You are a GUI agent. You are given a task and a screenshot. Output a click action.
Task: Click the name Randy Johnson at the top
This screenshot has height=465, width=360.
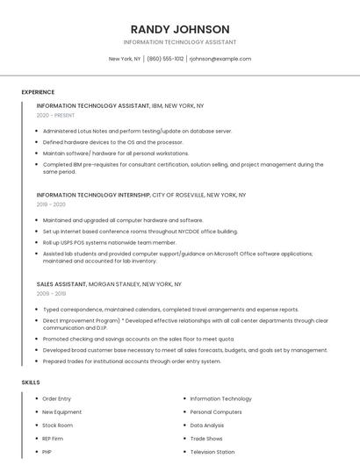[x=180, y=29]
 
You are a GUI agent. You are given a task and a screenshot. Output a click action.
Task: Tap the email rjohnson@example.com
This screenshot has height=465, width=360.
[x=220, y=59]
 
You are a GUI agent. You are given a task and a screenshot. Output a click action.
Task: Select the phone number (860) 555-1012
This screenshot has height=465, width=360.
[x=165, y=59]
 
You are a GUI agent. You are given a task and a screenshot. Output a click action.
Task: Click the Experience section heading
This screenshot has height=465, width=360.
[x=38, y=92]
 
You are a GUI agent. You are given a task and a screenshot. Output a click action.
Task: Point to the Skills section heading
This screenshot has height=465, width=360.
[x=31, y=383]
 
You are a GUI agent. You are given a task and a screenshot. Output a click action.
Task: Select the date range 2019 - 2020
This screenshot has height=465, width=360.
[x=51, y=204]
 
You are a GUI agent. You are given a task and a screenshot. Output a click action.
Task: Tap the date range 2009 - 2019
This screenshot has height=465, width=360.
[x=51, y=294]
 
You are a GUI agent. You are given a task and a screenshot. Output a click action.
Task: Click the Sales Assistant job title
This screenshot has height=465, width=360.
[x=61, y=284]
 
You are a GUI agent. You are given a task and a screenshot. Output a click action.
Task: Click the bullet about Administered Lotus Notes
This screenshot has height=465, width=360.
[x=137, y=131]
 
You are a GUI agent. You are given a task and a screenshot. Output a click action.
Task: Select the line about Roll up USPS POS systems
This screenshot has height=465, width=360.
[x=109, y=242]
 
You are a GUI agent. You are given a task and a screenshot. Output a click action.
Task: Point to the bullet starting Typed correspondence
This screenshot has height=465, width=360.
[x=170, y=310]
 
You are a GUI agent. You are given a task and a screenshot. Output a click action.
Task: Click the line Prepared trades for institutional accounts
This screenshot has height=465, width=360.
[x=132, y=361]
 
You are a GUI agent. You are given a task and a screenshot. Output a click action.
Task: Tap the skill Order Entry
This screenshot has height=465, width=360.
[x=57, y=398]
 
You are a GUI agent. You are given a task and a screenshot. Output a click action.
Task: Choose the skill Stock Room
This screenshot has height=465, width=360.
[x=57, y=425]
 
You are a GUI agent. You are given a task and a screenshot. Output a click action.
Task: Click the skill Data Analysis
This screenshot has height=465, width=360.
[x=207, y=425]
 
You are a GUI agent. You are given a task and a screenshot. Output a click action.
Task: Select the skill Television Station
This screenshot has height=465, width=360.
[x=212, y=452]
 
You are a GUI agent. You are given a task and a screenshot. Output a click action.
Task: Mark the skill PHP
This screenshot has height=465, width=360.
[x=47, y=452]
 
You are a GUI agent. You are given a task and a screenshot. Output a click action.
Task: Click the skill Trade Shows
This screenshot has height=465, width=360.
[x=206, y=438]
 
